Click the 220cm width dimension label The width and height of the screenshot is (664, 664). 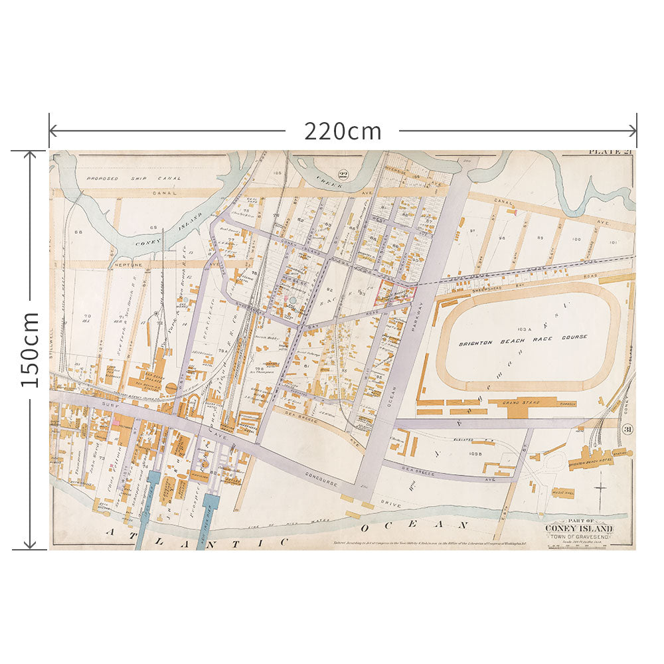pos(343,131)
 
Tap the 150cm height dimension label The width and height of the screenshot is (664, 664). pos(31,350)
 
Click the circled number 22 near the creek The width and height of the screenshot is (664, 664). pos(343,175)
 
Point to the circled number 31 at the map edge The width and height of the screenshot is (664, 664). pos(628,430)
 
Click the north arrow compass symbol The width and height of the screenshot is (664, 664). pos(600,488)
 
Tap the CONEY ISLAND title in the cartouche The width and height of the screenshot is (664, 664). pos(580,529)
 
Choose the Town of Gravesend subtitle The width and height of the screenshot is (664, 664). pos(580,537)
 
